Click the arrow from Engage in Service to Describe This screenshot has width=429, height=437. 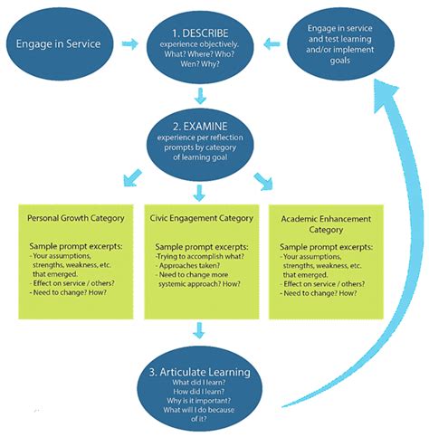point(132,43)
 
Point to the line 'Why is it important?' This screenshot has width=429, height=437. point(208,400)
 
